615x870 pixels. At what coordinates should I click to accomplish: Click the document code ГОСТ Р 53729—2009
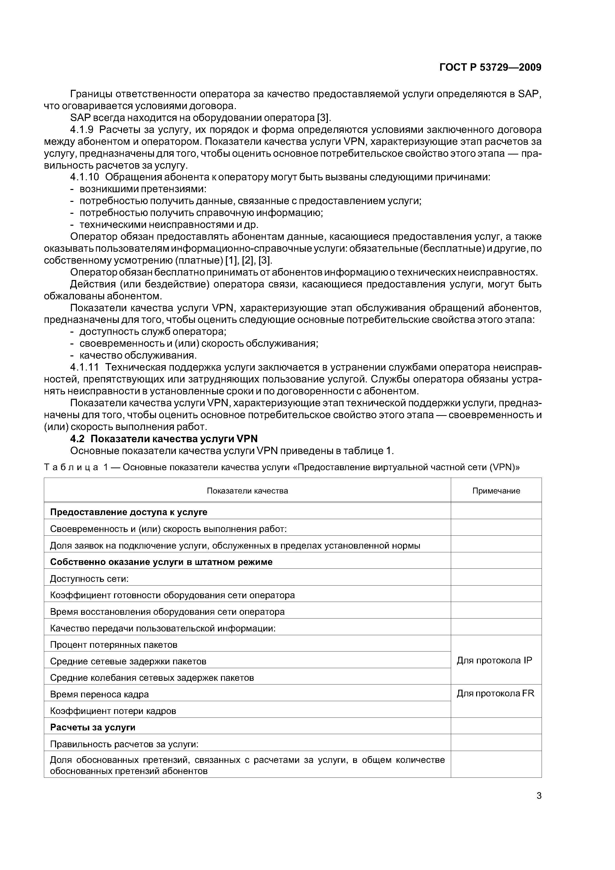coord(490,67)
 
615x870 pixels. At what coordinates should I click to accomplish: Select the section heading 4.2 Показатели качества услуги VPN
coord(164,439)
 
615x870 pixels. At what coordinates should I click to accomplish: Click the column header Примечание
coord(496,491)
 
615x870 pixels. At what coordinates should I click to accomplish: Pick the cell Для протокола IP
coord(494,660)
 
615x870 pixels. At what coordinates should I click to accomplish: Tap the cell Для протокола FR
coord(495,693)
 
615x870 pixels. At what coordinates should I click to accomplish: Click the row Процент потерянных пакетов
coord(114,645)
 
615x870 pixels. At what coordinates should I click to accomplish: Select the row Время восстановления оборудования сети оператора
coord(167,612)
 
